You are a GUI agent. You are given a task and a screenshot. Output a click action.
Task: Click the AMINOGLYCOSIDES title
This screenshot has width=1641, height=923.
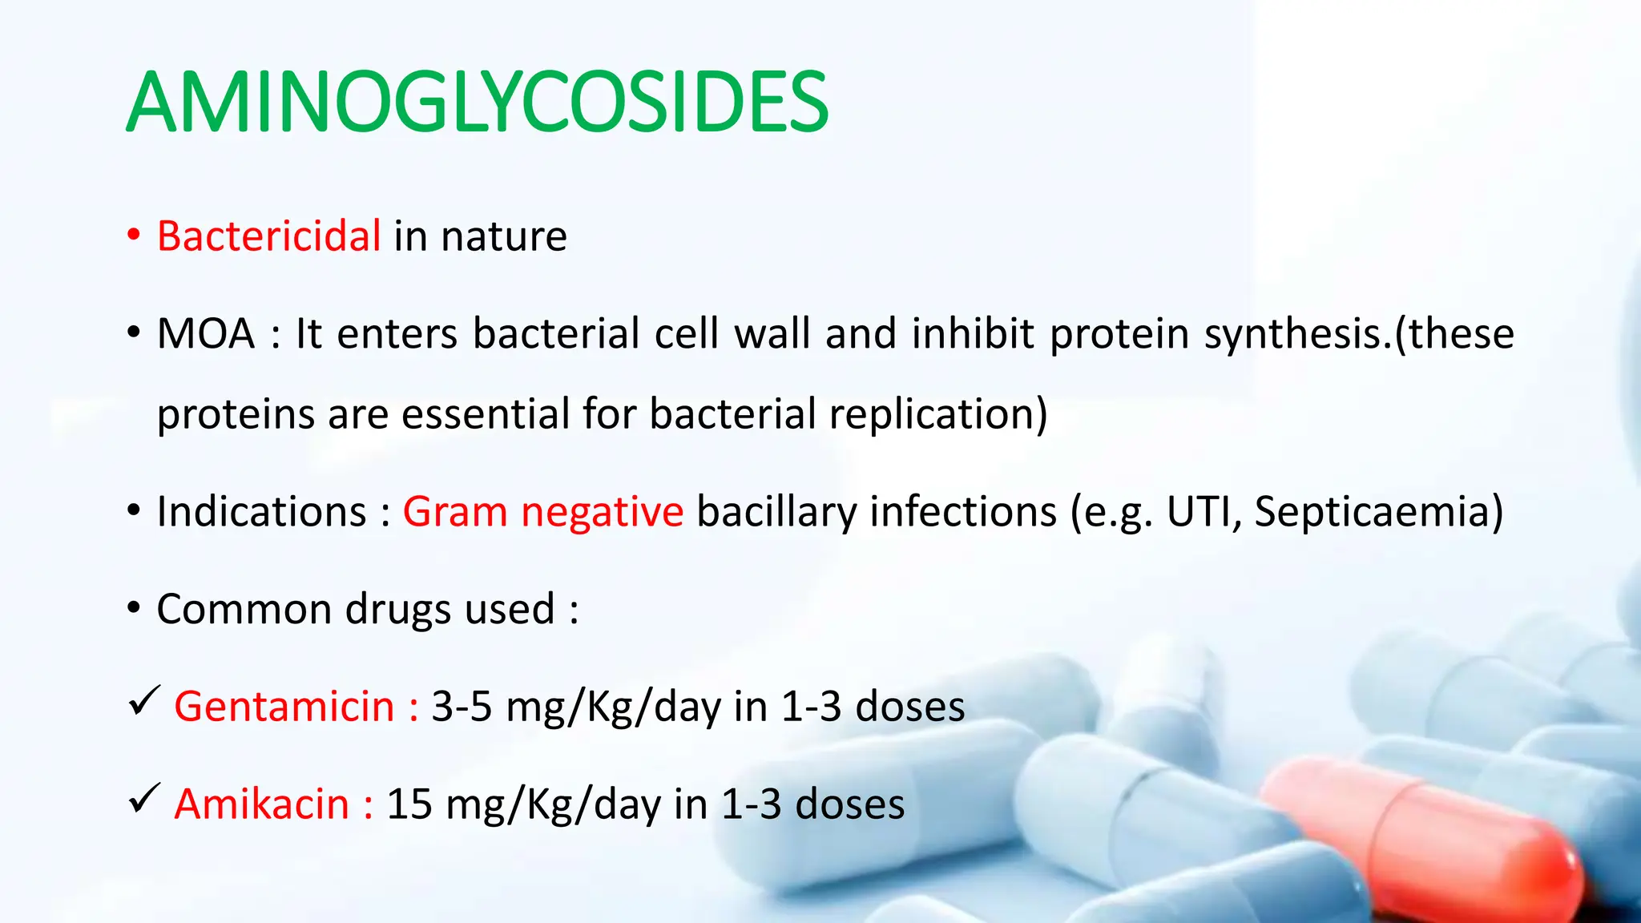coord(478,103)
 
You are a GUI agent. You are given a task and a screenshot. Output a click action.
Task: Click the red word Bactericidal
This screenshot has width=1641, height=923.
coord(268,236)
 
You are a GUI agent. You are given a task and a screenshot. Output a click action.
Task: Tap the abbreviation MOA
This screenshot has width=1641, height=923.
coord(206,334)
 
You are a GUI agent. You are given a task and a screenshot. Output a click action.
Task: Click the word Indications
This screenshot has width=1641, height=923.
coord(261,512)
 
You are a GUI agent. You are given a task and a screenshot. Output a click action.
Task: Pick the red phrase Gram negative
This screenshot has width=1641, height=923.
coord(542,512)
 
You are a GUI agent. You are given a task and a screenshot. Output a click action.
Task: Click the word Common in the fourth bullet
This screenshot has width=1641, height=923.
coord(244,610)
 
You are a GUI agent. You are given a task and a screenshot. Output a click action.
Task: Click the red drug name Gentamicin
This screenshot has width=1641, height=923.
coord(284,707)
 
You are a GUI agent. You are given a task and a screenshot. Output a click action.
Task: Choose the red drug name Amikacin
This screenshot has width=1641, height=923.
coord(262,804)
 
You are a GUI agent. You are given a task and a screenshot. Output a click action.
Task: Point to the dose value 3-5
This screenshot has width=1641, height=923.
coord(462,707)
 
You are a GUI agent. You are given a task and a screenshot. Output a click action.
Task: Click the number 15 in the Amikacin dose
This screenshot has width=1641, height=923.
coord(409,804)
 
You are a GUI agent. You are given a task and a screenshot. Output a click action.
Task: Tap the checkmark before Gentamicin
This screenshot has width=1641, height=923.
coord(144,702)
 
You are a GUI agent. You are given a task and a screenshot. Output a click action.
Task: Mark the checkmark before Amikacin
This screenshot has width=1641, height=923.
coord(144,799)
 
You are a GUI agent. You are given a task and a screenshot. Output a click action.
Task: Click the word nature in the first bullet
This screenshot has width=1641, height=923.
coord(504,236)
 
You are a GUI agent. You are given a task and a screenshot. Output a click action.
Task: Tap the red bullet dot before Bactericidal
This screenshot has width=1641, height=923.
coord(134,236)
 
